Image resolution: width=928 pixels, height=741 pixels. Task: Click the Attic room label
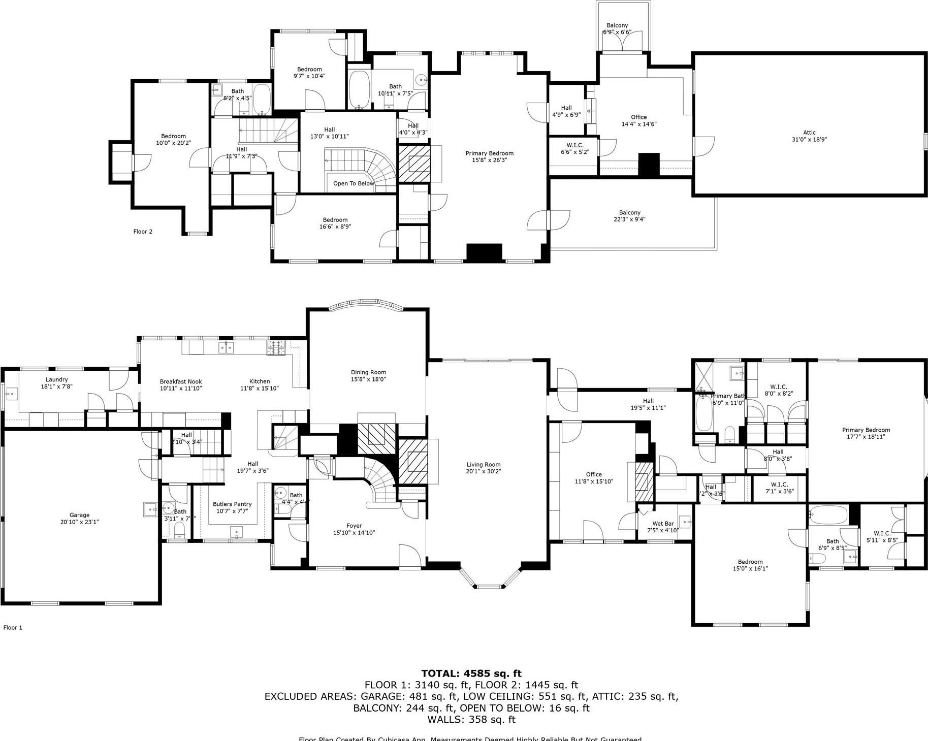(x=809, y=133)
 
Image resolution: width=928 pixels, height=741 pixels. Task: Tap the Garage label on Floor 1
(x=79, y=515)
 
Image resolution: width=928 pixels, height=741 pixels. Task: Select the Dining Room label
(x=368, y=372)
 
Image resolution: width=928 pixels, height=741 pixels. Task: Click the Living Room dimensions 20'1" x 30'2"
(x=484, y=471)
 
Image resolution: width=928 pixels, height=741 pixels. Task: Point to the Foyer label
(x=354, y=526)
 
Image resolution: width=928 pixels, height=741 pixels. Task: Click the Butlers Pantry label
(x=232, y=504)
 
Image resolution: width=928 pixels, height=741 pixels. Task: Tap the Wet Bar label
(x=663, y=524)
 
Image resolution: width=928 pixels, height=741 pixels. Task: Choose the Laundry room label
(x=56, y=379)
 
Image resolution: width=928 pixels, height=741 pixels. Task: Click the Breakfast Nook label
(x=181, y=381)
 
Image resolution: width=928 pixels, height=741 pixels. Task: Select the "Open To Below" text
(x=354, y=183)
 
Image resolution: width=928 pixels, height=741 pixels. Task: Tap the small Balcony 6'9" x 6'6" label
(x=617, y=25)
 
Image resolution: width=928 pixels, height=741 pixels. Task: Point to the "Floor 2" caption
(x=143, y=232)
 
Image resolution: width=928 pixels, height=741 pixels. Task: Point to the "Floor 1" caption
(x=13, y=627)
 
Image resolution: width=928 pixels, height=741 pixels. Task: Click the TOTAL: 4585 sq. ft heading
(x=471, y=673)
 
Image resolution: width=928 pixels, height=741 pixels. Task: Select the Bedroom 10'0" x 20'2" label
(x=173, y=136)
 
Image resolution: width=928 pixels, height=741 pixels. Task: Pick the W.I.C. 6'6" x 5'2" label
(x=575, y=145)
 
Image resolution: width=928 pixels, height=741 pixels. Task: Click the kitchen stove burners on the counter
(x=276, y=347)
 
